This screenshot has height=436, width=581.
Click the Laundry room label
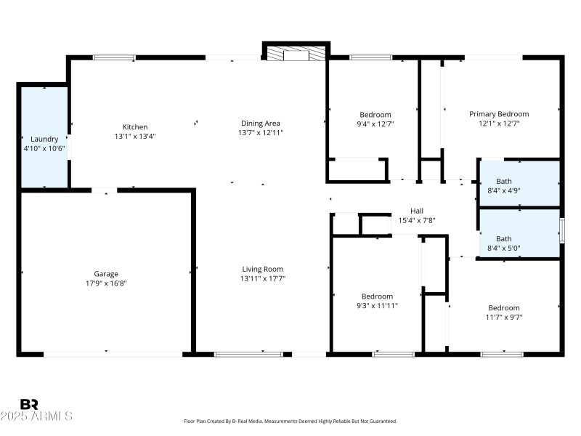tap(44, 139)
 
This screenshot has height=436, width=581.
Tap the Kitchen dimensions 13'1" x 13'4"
tap(135, 136)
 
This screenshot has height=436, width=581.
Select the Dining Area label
tap(260, 124)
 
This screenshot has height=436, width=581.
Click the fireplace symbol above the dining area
tap(296, 54)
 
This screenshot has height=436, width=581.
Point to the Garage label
tap(106, 274)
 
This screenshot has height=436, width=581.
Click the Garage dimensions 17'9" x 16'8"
tap(106, 283)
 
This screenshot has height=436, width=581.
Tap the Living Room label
tap(262, 269)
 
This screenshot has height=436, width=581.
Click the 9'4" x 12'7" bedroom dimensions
tap(375, 124)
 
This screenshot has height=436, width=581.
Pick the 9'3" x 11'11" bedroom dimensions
tap(378, 305)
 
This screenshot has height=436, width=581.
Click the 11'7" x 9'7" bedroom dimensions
tap(504, 317)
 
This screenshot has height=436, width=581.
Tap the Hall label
tap(416, 211)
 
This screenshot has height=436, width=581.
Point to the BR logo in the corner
tap(29, 404)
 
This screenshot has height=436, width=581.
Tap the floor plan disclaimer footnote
tap(290, 421)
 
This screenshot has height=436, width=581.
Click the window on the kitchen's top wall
tap(114, 57)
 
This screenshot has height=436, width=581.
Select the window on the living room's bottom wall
tap(248, 354)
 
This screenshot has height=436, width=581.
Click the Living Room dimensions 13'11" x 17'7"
tap(262, 278)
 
